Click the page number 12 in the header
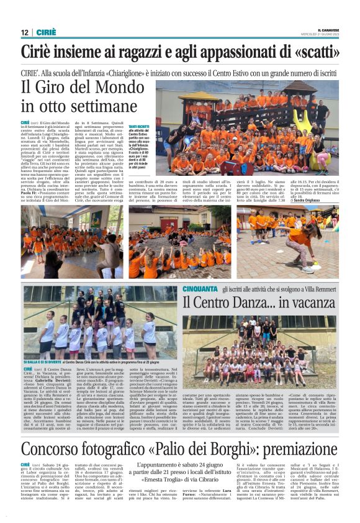24,32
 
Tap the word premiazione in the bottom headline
299,466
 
